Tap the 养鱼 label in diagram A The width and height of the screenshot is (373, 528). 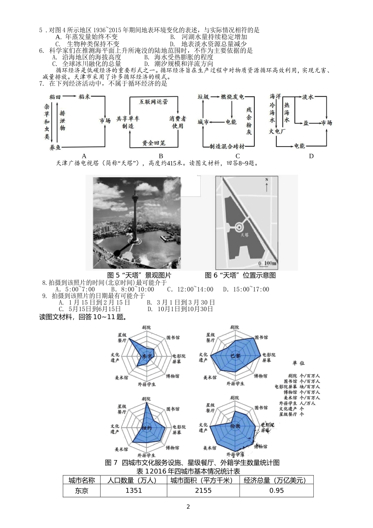click(55, 148)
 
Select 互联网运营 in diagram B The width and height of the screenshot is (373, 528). click(154, 101)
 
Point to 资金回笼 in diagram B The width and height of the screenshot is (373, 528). click(154, 143)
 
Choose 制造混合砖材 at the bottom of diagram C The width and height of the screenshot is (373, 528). click(227, 146)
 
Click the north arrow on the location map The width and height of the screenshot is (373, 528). click(267, 185)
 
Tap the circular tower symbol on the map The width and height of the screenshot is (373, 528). click(240, 227)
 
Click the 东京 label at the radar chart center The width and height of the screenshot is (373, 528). click(148, 356)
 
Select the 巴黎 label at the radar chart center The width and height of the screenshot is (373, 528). click(235, 356)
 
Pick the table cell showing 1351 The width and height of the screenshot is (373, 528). click(133, 490)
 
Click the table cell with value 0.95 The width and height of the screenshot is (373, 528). click(276, 490)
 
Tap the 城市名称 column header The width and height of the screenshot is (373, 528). click(82, 480)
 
